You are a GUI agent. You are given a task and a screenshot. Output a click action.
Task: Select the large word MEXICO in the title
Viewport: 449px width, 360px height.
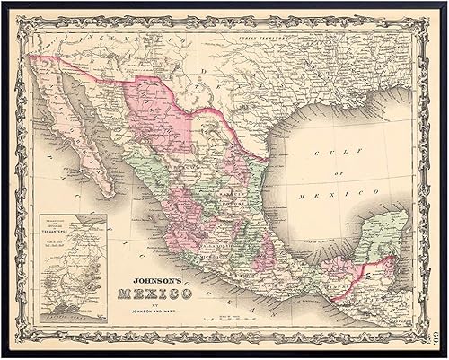(160, 294)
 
